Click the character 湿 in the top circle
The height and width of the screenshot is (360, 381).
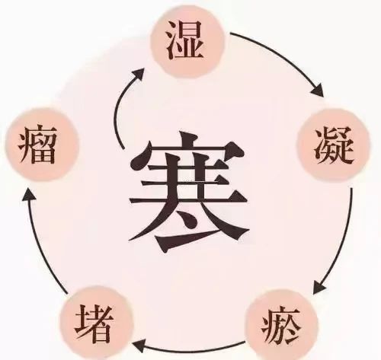coord(185,40)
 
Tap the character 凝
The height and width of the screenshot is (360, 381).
coord(334,145)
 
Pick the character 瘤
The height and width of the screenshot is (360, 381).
coord(37,144)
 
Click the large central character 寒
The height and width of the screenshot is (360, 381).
coord(188,192)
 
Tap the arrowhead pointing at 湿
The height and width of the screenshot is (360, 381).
coord(139,74)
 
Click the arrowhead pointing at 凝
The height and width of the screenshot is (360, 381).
coord(319,91)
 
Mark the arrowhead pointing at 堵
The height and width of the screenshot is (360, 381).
coord(139,346)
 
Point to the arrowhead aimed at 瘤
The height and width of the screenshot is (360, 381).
coord(29,195)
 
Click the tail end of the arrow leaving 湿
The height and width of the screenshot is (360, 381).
coord(230,33)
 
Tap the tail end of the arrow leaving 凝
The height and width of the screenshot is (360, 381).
coord(352,189)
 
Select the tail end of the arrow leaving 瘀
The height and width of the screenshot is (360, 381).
coord(245,342)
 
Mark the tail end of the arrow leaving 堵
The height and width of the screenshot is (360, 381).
coord(68,294)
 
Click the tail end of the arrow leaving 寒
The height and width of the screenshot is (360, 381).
coord(123,148)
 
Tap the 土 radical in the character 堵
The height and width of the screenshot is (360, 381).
coord(82,323)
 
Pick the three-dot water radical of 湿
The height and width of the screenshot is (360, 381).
coord(173,40)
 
